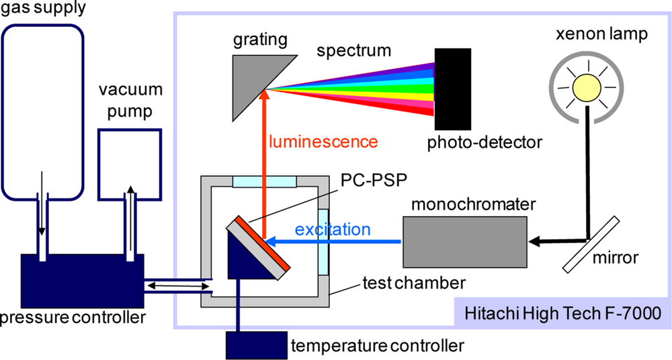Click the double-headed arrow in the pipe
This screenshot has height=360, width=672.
[177, 286]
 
